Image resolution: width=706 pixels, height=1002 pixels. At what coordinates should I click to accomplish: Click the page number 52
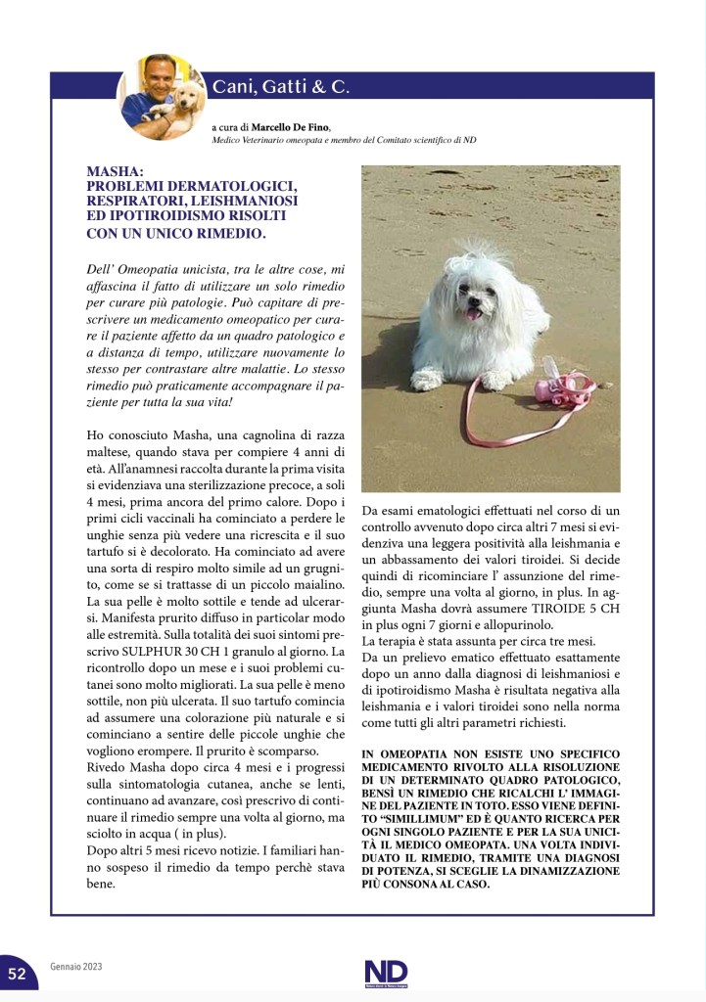click(x=18, y=973)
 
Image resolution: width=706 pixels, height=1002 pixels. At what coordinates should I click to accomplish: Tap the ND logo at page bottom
click(x=385, y=972)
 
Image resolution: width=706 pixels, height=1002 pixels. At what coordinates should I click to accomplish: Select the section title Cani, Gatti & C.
click(x=281, y=87)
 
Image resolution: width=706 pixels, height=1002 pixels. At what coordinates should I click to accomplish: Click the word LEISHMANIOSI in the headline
click(x=244, y=200)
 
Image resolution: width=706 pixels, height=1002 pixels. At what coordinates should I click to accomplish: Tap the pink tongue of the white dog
click(x=475, y=313)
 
